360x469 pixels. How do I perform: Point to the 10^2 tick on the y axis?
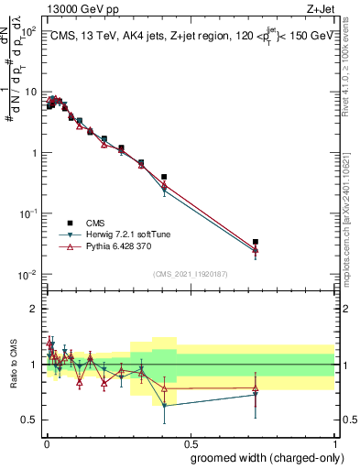click(x=27, y=32)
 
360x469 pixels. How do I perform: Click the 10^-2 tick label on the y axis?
click(x=27, y=275)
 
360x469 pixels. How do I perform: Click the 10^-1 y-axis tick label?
click(x=27, y=213)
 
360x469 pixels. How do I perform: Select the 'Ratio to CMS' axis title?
click(x=12, y=365)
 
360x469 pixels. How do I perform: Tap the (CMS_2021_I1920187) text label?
click(x=190, y=274)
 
